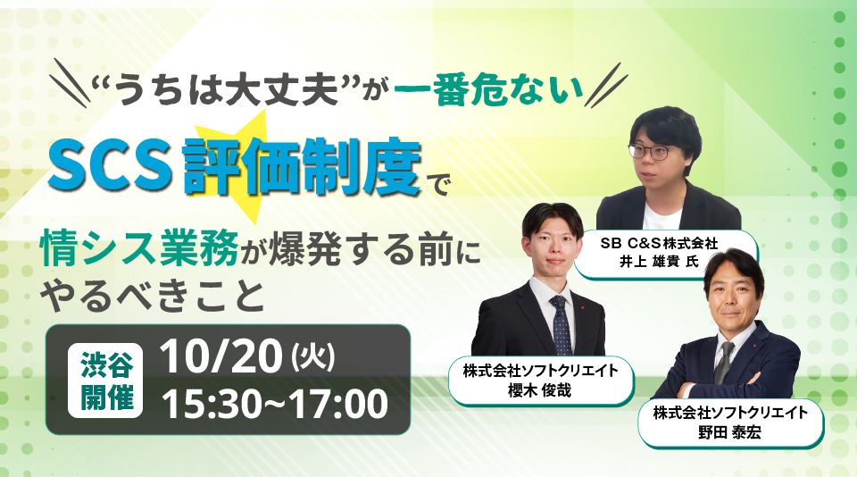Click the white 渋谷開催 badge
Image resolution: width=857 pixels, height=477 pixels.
105,380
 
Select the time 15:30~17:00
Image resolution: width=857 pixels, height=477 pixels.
275,403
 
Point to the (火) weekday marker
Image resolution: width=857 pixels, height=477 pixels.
313,356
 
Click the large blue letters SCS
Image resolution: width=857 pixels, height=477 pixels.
109,164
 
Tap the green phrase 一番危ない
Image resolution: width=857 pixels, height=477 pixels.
488,91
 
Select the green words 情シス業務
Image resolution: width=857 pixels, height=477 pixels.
139,249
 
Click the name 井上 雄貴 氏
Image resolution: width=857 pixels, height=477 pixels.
659,262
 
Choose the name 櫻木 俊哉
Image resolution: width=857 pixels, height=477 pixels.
539,390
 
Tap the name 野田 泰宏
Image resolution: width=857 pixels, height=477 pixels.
729,432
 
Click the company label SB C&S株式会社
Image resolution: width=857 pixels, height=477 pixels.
659,242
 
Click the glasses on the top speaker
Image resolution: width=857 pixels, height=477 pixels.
654,150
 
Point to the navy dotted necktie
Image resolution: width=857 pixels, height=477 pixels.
562,325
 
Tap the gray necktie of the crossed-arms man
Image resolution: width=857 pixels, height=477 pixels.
724,362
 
